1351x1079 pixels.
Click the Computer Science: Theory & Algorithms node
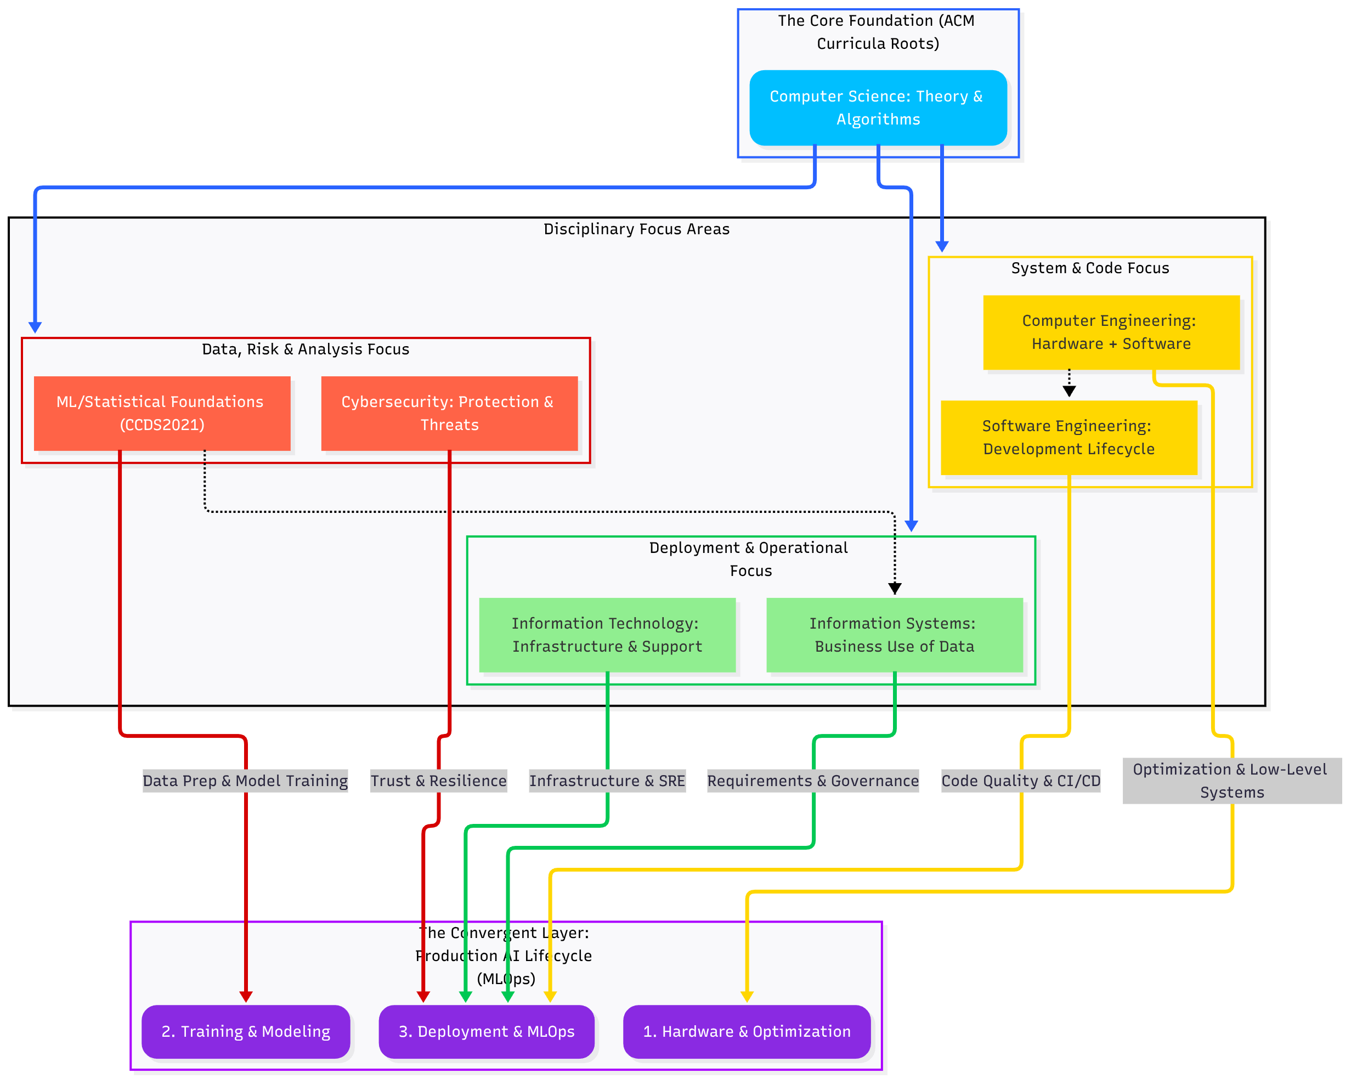click(878, 108)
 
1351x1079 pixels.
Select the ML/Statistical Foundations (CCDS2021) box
click(162, 413)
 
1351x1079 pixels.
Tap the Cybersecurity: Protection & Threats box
click(449, 413)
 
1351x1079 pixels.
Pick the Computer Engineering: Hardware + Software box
click(1111, 332)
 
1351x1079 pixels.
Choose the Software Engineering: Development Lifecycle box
click(1069, 437)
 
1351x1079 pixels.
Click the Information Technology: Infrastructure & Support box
click(607, 635)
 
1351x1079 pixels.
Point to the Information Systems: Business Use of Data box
click(894, 635)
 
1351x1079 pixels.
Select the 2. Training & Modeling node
click(246, 1031)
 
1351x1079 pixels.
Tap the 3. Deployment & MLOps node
click(486, 1031)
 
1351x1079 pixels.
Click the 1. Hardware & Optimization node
click(747, 1031)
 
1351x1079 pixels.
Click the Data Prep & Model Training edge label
click(245, 781)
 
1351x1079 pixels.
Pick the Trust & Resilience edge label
click(438, 781)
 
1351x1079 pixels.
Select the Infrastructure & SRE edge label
click(607, 781)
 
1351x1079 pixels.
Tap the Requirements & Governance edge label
click(813, 781)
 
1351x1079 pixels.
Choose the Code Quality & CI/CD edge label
click(1021, 781)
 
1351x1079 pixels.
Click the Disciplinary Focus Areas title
click(636, 229)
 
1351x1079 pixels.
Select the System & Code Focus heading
click(1090, 268)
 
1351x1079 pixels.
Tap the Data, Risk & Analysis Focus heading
click(305, 349)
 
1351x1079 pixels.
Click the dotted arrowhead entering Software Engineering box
click(1069, 392)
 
